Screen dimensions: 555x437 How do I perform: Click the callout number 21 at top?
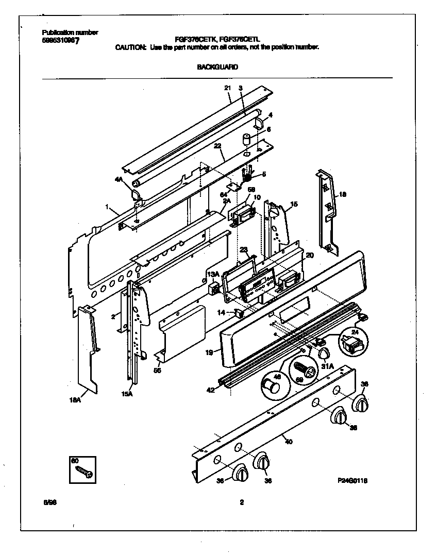[227, 88]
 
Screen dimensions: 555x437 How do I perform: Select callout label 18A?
[75, 399]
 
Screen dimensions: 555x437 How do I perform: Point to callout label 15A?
[127, 394]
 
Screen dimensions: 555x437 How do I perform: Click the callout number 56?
[157, 369]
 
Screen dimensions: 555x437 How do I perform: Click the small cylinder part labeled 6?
[246, 139]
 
